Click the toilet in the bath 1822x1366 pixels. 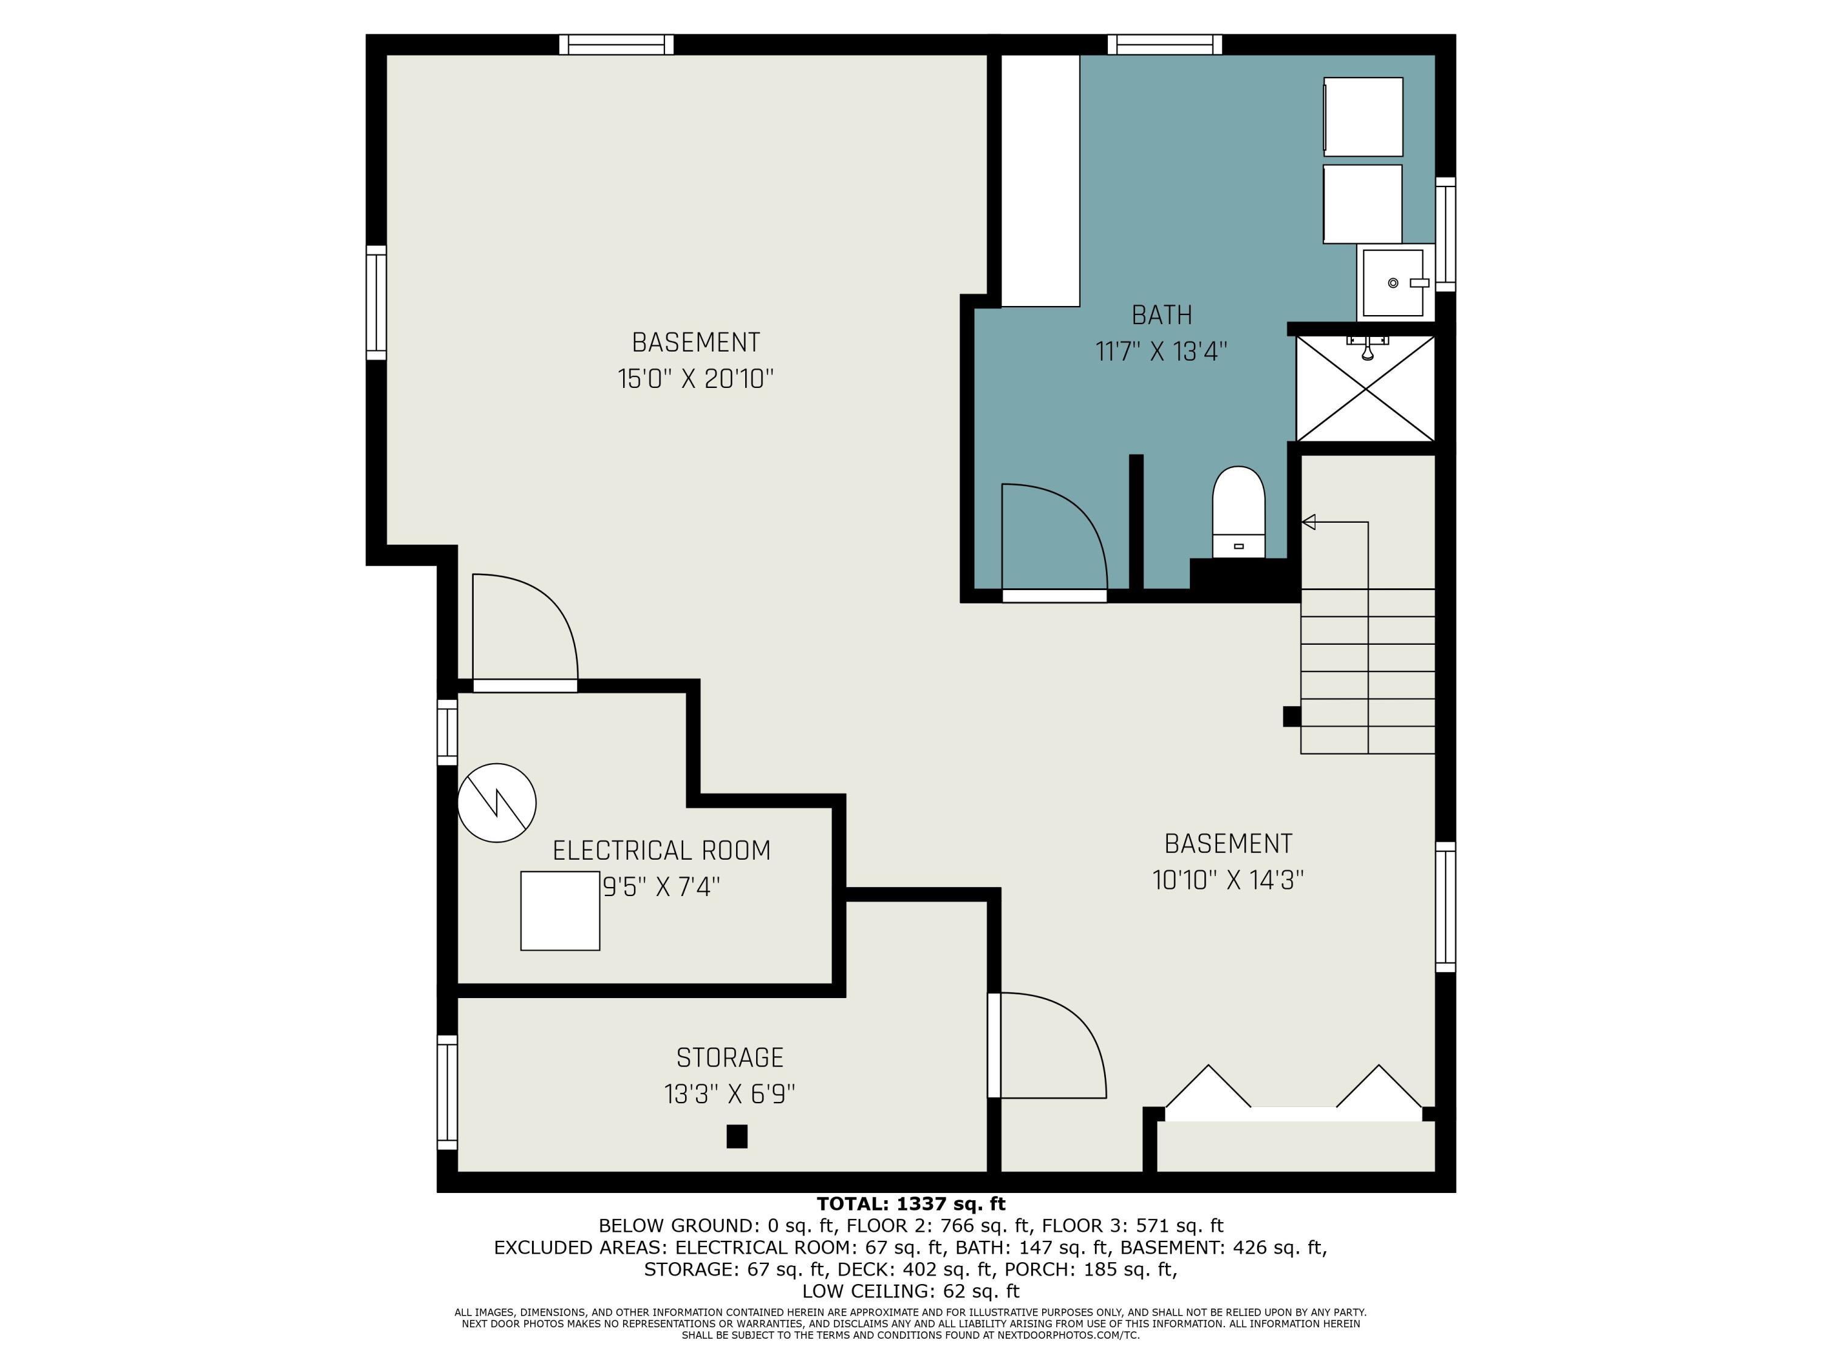[1238, 512]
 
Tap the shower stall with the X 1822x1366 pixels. [1366, 389]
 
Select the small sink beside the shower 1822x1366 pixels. [1393, 282]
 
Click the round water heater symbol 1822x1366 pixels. [497, 803]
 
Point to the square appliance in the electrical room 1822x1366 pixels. [560, 911]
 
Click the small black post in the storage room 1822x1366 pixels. [737, 1137]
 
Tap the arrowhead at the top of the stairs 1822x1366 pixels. [1308, 522]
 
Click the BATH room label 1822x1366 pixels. [1161, 315]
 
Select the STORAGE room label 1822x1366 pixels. [730, 1057]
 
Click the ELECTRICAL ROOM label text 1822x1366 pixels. [661, 851]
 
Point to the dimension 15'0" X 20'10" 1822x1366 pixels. [696, 379]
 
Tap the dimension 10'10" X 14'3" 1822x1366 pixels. [1228, 880]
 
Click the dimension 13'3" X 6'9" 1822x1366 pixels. [730, 1094]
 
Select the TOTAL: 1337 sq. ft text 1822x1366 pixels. [911, 1205]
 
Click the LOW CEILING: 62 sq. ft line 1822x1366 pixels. [911, 1291]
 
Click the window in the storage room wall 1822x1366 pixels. [447, 1092]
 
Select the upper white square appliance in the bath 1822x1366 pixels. [1363, 117]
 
